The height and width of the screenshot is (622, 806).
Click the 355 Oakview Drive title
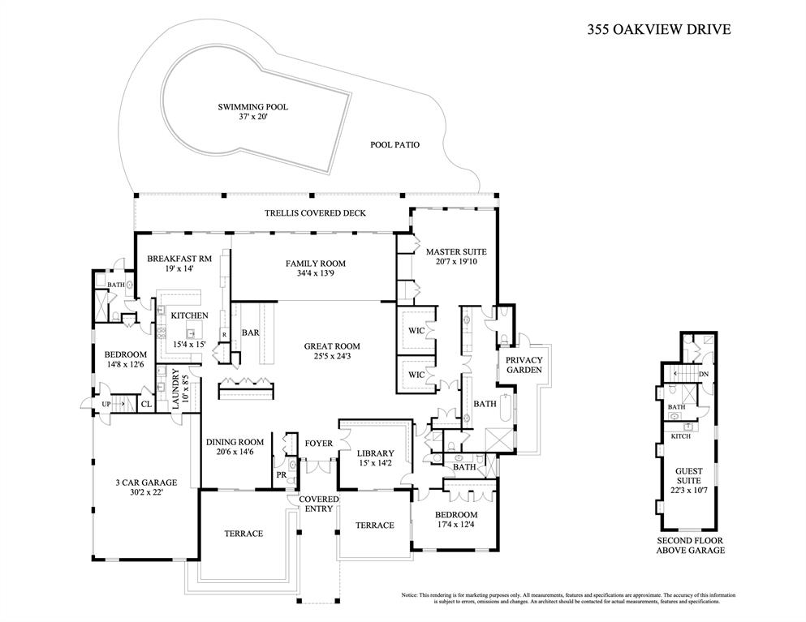[659, 29]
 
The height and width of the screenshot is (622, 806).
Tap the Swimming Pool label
[253, 107]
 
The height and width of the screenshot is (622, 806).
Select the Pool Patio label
[394, 145]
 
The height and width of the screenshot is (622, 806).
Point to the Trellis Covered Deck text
[315, 212]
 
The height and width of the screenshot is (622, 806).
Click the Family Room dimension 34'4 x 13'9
[316, 273]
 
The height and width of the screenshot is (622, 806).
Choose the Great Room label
[332, 346]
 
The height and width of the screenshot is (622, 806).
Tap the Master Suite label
[456, 251]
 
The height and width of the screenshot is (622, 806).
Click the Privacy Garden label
[524, 365]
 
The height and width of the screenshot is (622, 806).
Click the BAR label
[250, 332]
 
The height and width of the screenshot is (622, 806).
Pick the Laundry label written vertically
[175, 388]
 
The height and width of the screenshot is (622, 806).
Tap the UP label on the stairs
[106, 404]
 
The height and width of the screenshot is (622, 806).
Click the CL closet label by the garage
[146, 404]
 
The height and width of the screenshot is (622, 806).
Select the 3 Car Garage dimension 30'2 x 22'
[146, 492]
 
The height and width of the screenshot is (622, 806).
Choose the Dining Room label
[235, 442]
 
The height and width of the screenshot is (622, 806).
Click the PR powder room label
[281, 475]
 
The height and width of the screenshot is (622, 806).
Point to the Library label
[376, 453]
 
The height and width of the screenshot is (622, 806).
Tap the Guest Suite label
[689, 475]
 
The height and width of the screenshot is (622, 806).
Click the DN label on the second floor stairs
[704, 374]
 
